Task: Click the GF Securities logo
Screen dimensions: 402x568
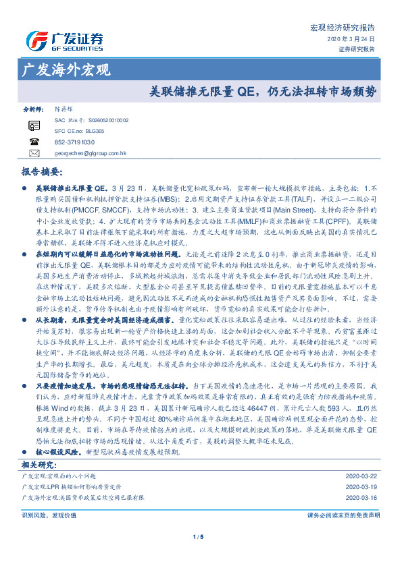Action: pos(64,38)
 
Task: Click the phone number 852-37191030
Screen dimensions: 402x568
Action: pos(75,142)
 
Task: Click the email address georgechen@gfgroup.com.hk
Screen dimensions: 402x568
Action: pos(91,153)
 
